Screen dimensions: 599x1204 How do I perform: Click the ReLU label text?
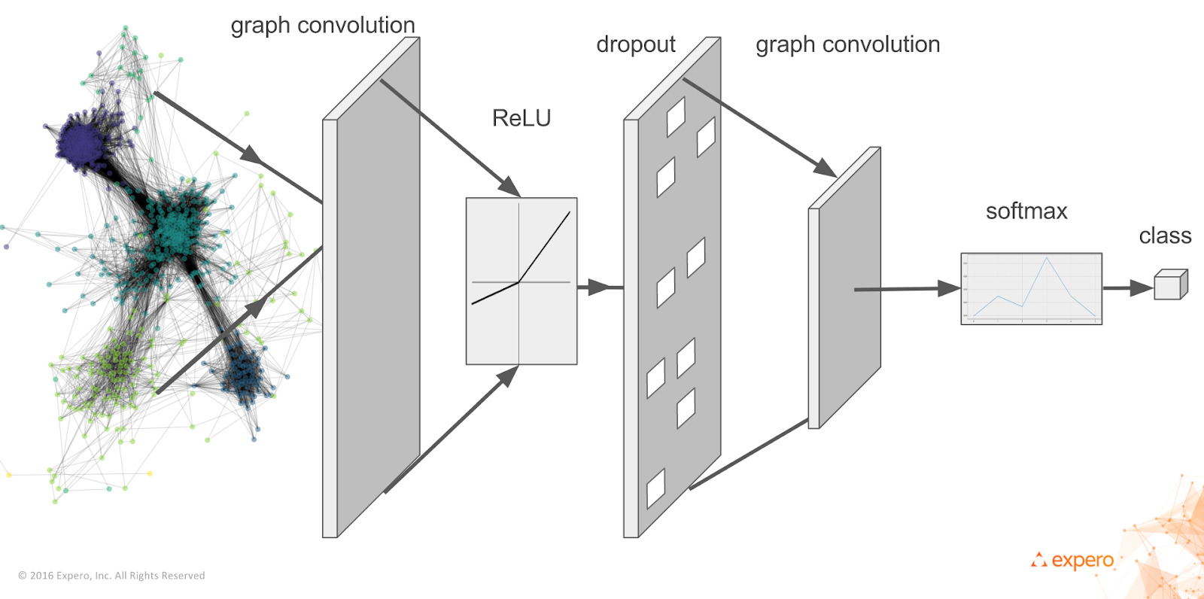[x=521, y=118]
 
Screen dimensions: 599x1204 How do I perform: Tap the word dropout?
[x=636, y=44]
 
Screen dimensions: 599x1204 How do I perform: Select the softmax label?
[x=1026, y=211]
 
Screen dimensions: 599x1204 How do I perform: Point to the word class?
[x=1165, y=236]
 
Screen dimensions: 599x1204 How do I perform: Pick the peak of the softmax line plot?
[x=1047, y=259]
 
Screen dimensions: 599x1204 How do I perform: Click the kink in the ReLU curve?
[x=518, y=282]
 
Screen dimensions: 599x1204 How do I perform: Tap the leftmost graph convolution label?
[x=323, y=26]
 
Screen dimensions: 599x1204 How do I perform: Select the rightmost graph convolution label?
[x=848, y=45]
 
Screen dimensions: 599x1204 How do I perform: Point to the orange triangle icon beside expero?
[x=1039, y=560]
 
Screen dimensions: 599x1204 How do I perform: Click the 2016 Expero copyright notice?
[x=111, y=576]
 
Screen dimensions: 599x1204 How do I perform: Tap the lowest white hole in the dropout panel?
[x=656, y=488]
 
